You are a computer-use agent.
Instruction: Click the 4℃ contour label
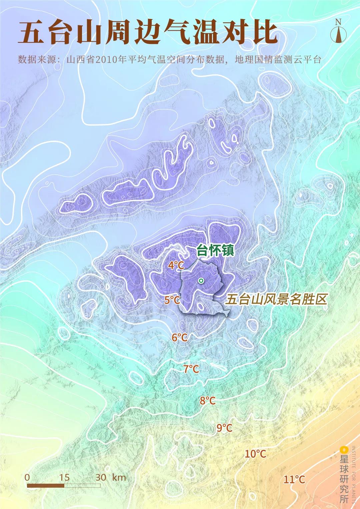coord(176,265)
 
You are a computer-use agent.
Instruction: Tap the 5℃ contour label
coord(172,300)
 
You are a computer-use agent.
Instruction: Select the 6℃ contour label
coord(180,337)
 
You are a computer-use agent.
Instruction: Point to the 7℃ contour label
coord(191,369)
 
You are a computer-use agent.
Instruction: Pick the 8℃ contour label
coord(208,401)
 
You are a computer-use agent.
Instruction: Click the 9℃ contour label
coord(224,428)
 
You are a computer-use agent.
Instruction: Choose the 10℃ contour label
coord(256,454)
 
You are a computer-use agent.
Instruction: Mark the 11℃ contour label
coord(294,480)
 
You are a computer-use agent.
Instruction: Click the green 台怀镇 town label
coord(216,251)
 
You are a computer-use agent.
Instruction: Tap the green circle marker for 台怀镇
coord(201,281)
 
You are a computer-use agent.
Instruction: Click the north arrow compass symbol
coord(338,32)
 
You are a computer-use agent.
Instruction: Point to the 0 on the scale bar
coord(27,477)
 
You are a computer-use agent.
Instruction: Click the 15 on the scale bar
coord(64,477)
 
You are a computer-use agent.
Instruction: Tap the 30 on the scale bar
coord(101,477)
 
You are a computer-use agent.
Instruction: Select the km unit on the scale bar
coord(119,477)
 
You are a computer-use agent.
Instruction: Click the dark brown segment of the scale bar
coord(46,486)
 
